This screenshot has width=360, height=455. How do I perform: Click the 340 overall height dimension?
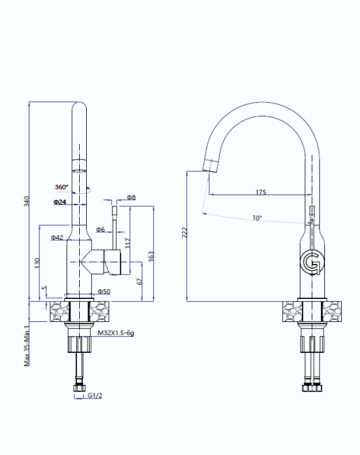click(27, 202)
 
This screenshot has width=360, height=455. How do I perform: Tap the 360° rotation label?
click(62, 187)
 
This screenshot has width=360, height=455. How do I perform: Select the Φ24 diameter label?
click(60, 202)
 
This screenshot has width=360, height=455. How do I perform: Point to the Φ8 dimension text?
click(131, 197)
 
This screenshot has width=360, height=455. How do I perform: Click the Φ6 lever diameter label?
click(100, 230)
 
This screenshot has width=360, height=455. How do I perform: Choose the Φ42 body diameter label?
click(57, 237)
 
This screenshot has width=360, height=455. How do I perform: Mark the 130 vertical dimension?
click(37, 263)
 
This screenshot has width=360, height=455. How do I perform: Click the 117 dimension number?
click(127, 243)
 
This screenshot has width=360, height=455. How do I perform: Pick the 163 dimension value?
click(151, 256)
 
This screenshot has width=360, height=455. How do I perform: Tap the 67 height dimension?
click(139, 281)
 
